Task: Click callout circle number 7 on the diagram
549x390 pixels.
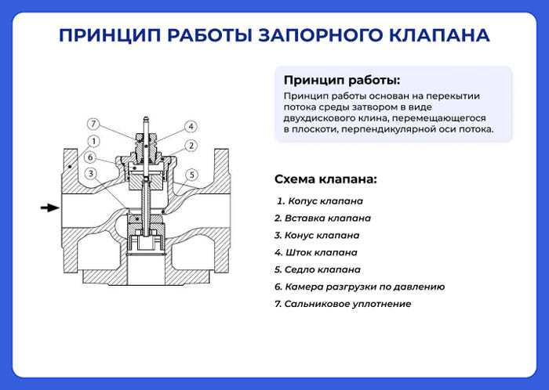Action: pos(93,124)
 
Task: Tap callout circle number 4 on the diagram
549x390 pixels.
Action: pos(191,126)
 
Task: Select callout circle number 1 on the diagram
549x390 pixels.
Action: pos(93,141)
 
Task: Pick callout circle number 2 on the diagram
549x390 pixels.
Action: pos(191,146)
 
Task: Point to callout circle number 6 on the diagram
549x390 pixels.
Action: pos(92,157)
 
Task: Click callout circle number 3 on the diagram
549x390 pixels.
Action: pos(92,174)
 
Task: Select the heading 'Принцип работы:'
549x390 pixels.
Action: pos(341,80)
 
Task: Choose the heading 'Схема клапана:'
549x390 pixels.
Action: pos(325,179)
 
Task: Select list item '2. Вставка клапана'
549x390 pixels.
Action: pos(322,218)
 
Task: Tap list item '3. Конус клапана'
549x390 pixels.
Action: pos(317,235)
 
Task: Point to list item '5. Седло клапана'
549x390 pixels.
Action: pos(317,269)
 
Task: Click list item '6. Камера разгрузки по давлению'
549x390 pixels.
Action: pos(359,287)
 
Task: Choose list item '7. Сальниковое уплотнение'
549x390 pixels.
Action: pos(343,304)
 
